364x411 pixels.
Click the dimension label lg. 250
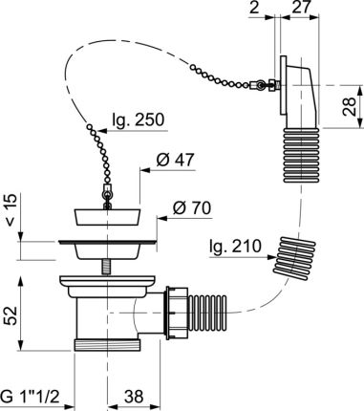pos(139,120)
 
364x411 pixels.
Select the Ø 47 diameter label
pos(175,160)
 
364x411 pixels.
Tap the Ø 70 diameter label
pos(192,208)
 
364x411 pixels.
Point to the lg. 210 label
pos(235,247)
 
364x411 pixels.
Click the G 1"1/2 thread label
pos(30,397)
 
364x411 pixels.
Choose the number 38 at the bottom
pos(134,397)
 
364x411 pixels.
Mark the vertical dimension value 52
pos(11,315)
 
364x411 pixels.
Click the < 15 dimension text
pos(11,209)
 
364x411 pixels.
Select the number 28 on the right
pos(349,106)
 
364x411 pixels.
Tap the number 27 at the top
pos(301,8)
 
